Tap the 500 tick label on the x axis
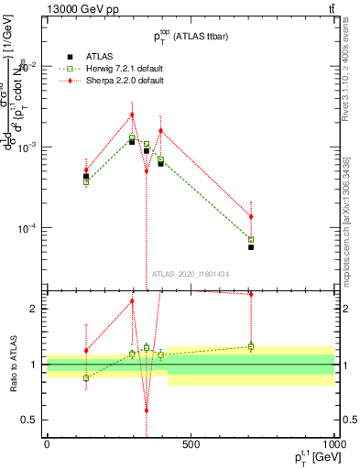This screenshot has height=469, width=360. coord(191,445)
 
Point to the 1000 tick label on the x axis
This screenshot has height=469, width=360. coord(334,445)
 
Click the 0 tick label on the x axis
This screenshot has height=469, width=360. coord(47,445)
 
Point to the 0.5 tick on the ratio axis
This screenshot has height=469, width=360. coord(30,420)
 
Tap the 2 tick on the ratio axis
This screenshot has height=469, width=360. coord(34,309)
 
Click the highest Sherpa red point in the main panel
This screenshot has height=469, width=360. coord(132,115)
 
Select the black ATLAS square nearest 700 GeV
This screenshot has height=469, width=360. coord(251,247)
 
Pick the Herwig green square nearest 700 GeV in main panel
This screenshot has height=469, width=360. coord(251,240)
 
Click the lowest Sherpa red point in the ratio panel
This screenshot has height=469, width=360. coord(147,410)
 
